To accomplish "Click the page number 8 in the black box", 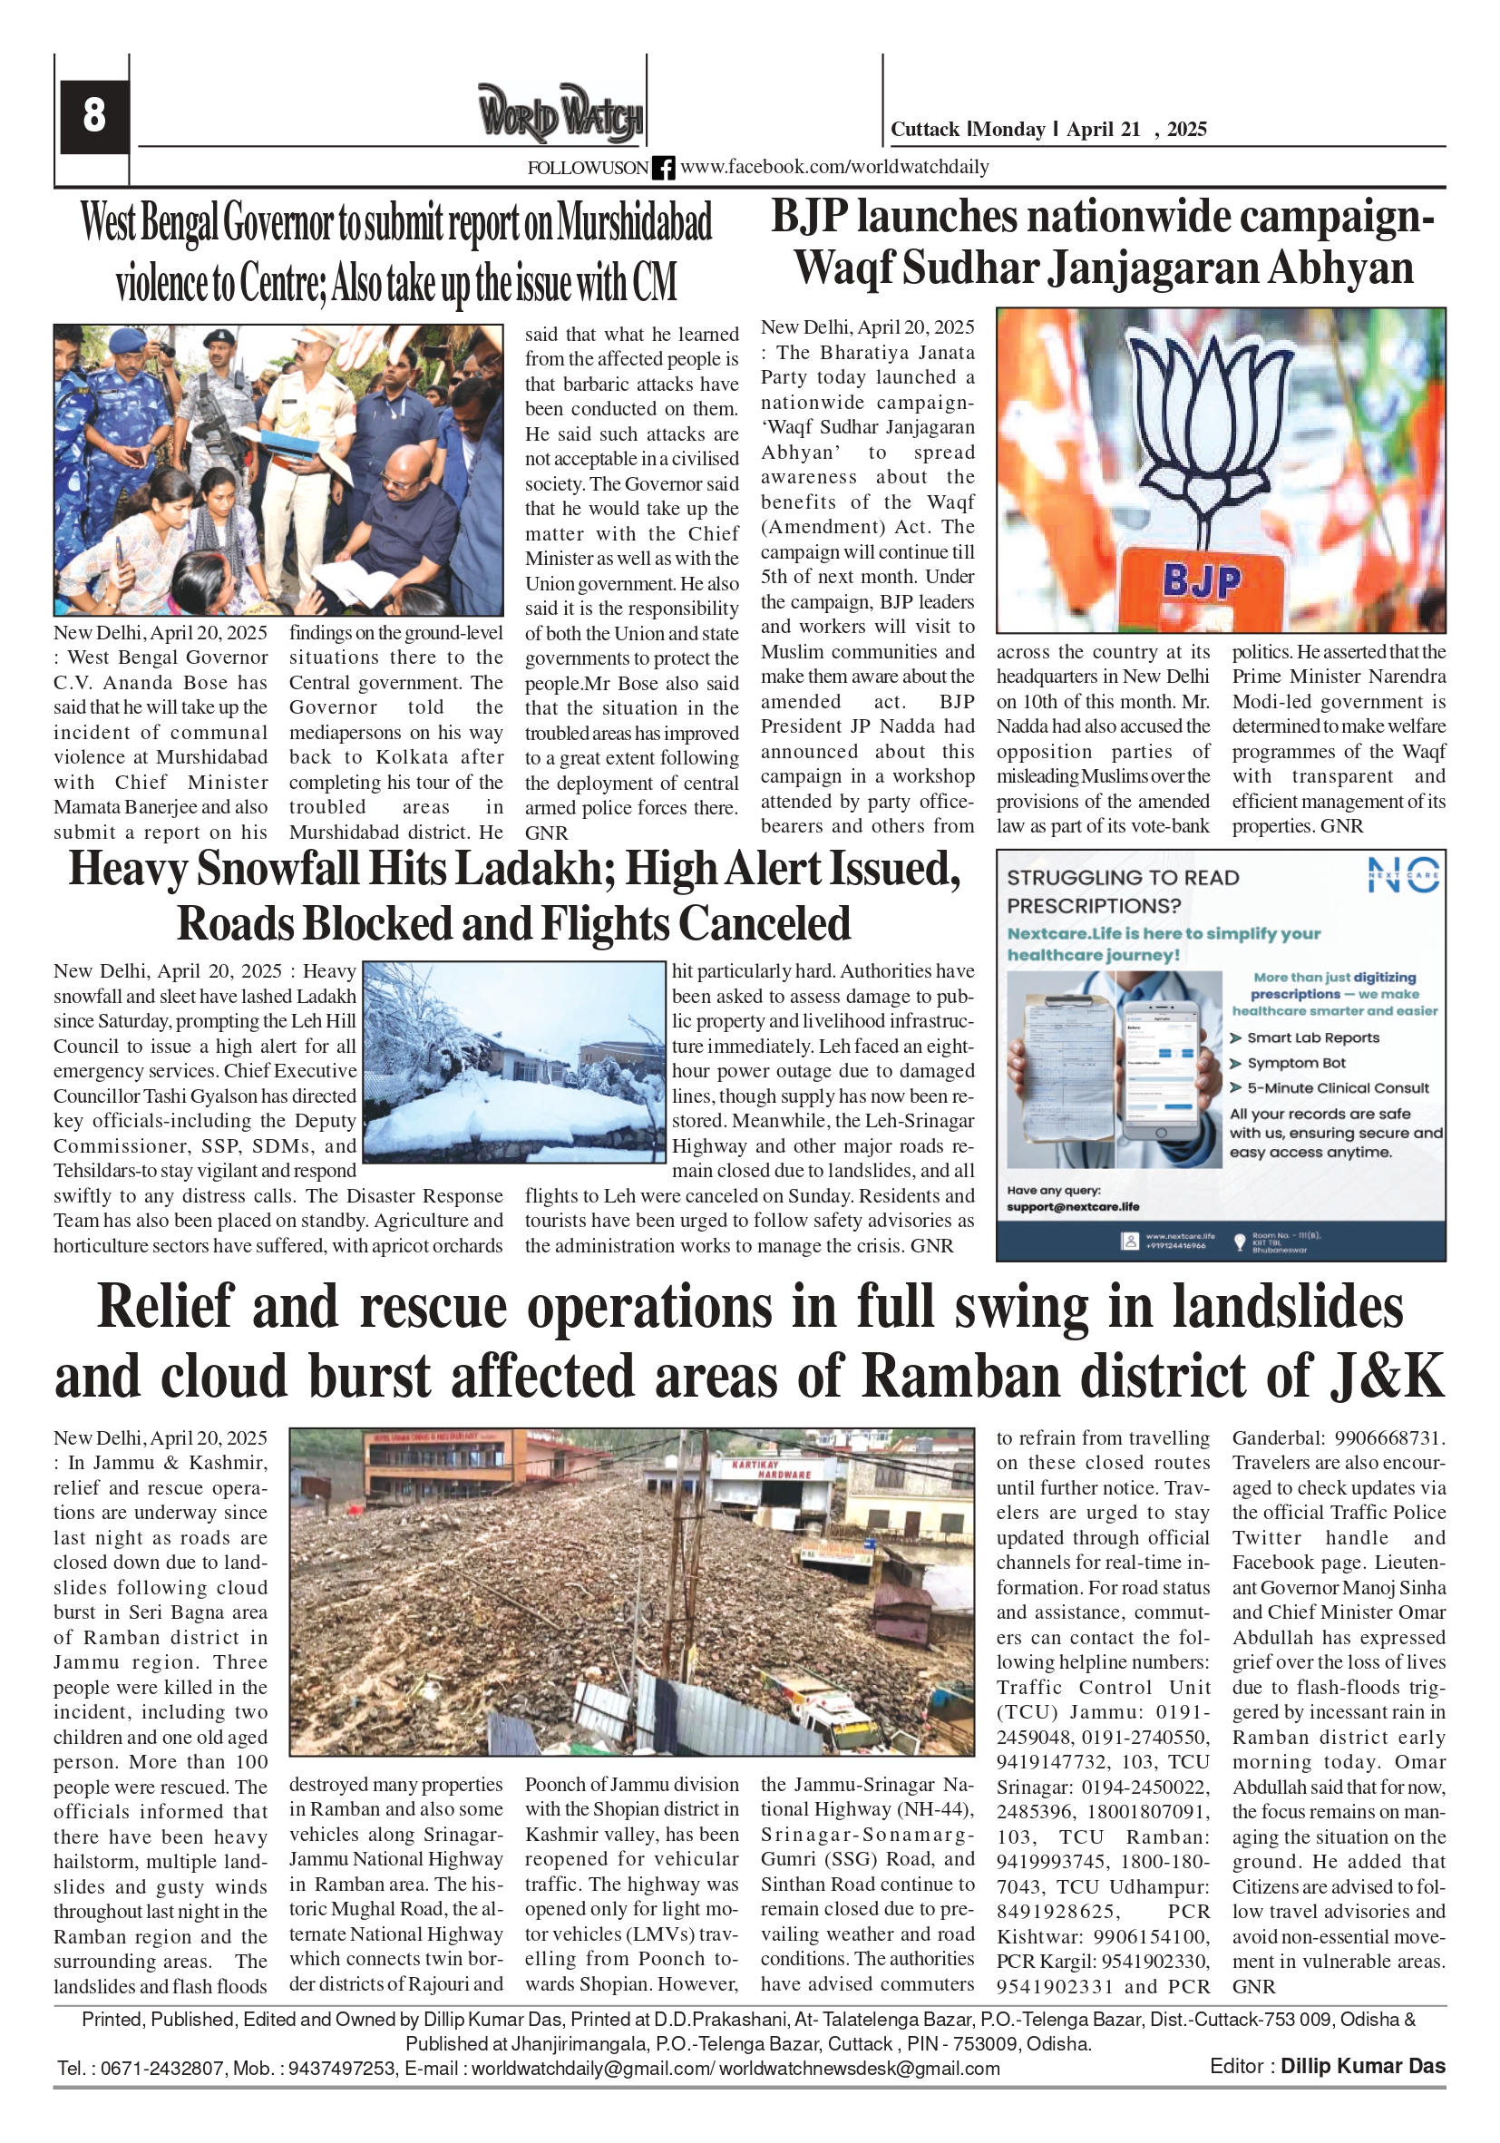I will (93, 116).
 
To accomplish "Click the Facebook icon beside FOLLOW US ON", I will (663, 168).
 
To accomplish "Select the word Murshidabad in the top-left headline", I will (635, 223).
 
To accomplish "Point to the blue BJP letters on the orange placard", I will (1203, 581).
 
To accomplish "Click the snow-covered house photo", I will (512, 1061).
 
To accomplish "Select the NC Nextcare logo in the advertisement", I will (1403, 875).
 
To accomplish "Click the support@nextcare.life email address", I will (1073, 1207).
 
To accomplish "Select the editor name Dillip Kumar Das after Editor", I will (1362, 2067).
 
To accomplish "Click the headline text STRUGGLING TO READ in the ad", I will (1123, 877).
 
